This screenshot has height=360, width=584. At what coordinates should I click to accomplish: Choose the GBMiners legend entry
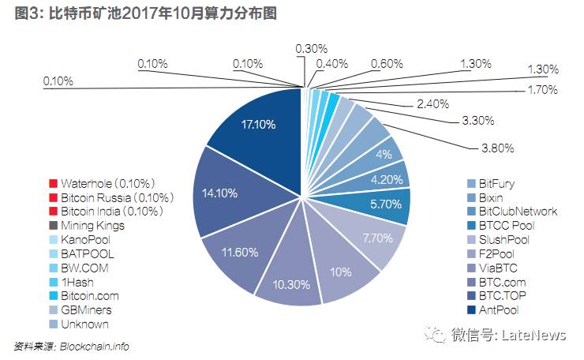coord(88,310)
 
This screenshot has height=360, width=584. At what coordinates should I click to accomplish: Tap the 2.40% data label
coord(432,103)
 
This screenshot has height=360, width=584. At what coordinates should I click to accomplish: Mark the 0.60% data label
coord(386,64)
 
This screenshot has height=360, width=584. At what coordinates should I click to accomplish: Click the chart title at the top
coord(146,14)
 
